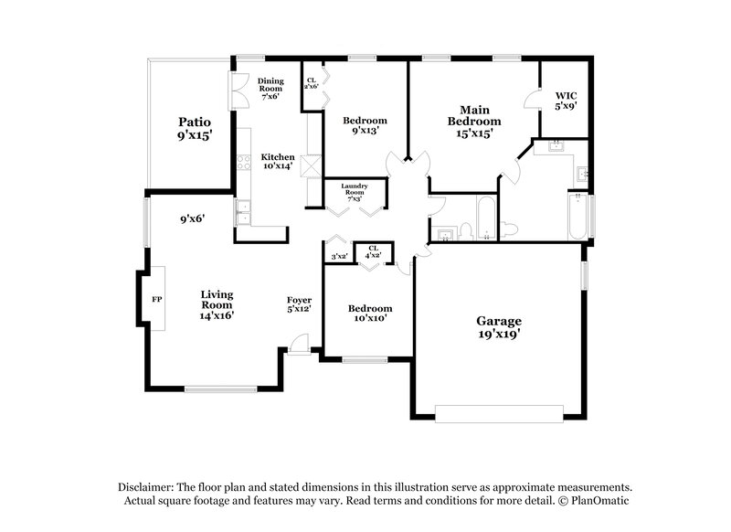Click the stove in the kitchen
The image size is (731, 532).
244,164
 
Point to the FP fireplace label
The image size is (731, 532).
154,299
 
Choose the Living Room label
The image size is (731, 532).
217,304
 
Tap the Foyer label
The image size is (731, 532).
299,304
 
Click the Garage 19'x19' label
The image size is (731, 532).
499,327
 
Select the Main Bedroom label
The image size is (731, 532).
473,121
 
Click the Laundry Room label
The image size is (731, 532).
354,190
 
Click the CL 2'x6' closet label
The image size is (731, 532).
311,80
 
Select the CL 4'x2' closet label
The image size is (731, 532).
373,251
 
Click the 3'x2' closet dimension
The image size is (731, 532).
339,257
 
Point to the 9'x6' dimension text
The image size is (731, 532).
192,218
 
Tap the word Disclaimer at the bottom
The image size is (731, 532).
150,487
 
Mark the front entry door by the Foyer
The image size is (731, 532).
299,346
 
